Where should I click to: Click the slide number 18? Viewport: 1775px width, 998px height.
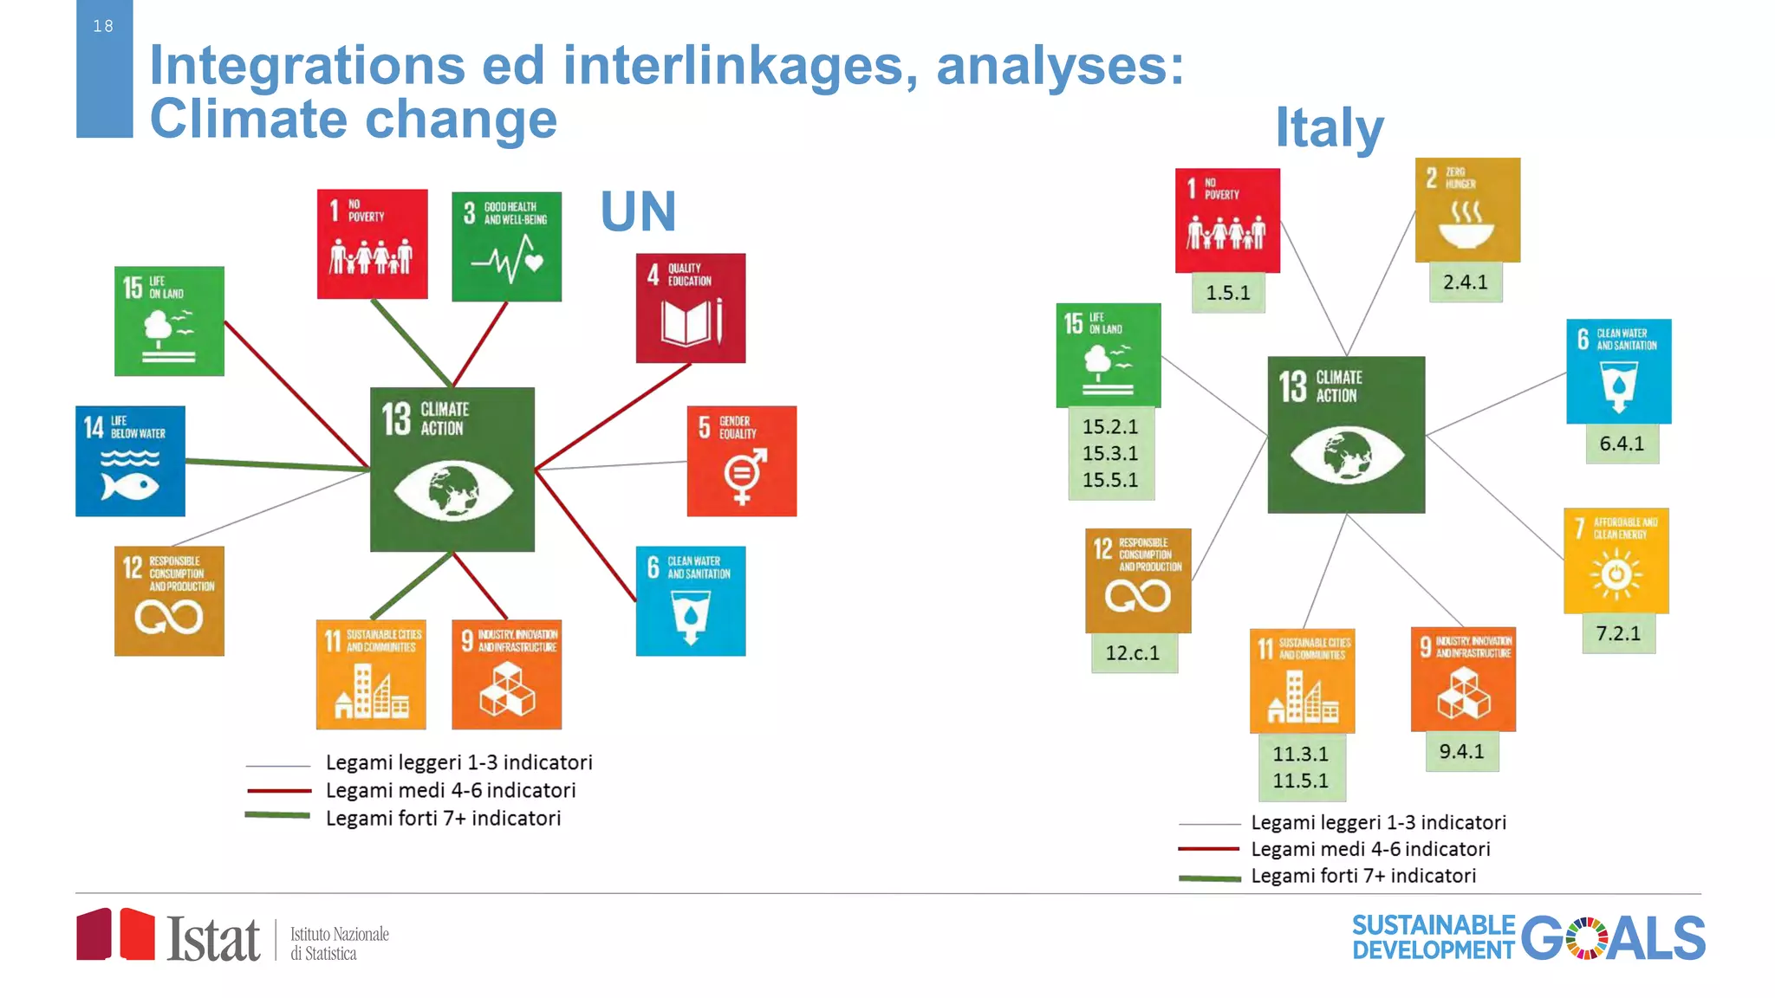(103, 26)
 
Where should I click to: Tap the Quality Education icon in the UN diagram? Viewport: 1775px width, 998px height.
(690, 308)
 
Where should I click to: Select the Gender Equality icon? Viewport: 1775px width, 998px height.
(741, 461)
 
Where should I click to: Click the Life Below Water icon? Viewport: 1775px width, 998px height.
(130, 461)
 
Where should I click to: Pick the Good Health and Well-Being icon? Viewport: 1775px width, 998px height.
(506, 246)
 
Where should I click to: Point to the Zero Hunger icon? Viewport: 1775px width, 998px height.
(1466, 210)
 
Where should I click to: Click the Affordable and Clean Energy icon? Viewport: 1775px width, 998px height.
(1616, 561)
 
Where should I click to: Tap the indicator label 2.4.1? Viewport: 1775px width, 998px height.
(1465, 282)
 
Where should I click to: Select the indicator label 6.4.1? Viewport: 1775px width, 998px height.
(1622, 444)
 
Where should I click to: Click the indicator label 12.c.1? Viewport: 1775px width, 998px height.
(1132, 653)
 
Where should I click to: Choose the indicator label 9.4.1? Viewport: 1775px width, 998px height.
(1461, 752)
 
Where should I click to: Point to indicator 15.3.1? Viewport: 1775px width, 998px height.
(1110, 453)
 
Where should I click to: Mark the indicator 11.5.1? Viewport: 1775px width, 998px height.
(1300, 781)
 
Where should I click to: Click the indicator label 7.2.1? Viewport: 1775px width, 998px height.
(1618, 633)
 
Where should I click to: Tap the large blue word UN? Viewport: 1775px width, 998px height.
(638, 211)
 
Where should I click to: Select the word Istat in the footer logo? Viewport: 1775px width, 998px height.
(213, 939)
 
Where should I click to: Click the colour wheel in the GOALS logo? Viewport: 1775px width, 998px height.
(1586, 938)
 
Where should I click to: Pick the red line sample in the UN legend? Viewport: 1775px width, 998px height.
(278, 790)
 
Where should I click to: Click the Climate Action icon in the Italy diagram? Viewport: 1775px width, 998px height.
(1345, 434)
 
